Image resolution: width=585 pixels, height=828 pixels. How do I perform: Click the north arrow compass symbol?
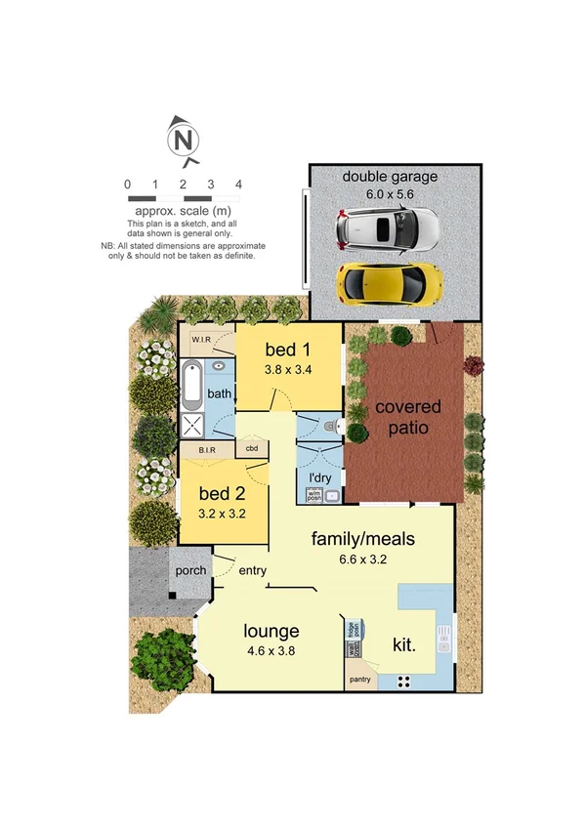(183, 140)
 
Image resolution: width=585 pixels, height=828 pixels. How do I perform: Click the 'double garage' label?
(390, 177)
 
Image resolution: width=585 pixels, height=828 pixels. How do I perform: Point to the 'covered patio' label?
(408, 417)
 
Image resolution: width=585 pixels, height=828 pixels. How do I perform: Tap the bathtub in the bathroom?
(191, 384)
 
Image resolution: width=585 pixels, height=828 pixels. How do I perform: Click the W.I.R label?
(202, 340)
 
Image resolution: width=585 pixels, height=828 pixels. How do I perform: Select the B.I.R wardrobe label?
(207, 450)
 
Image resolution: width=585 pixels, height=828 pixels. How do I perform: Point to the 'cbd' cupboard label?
(251, 450)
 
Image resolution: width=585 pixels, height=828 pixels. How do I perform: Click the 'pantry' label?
(359, 677)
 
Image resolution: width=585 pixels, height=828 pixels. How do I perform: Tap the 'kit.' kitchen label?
(404, 644)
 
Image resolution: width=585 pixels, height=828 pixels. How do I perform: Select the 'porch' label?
(189, 570)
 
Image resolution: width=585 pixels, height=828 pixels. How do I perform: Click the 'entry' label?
(253, 570)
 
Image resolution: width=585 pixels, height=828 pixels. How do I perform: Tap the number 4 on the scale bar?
(238, 184)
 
